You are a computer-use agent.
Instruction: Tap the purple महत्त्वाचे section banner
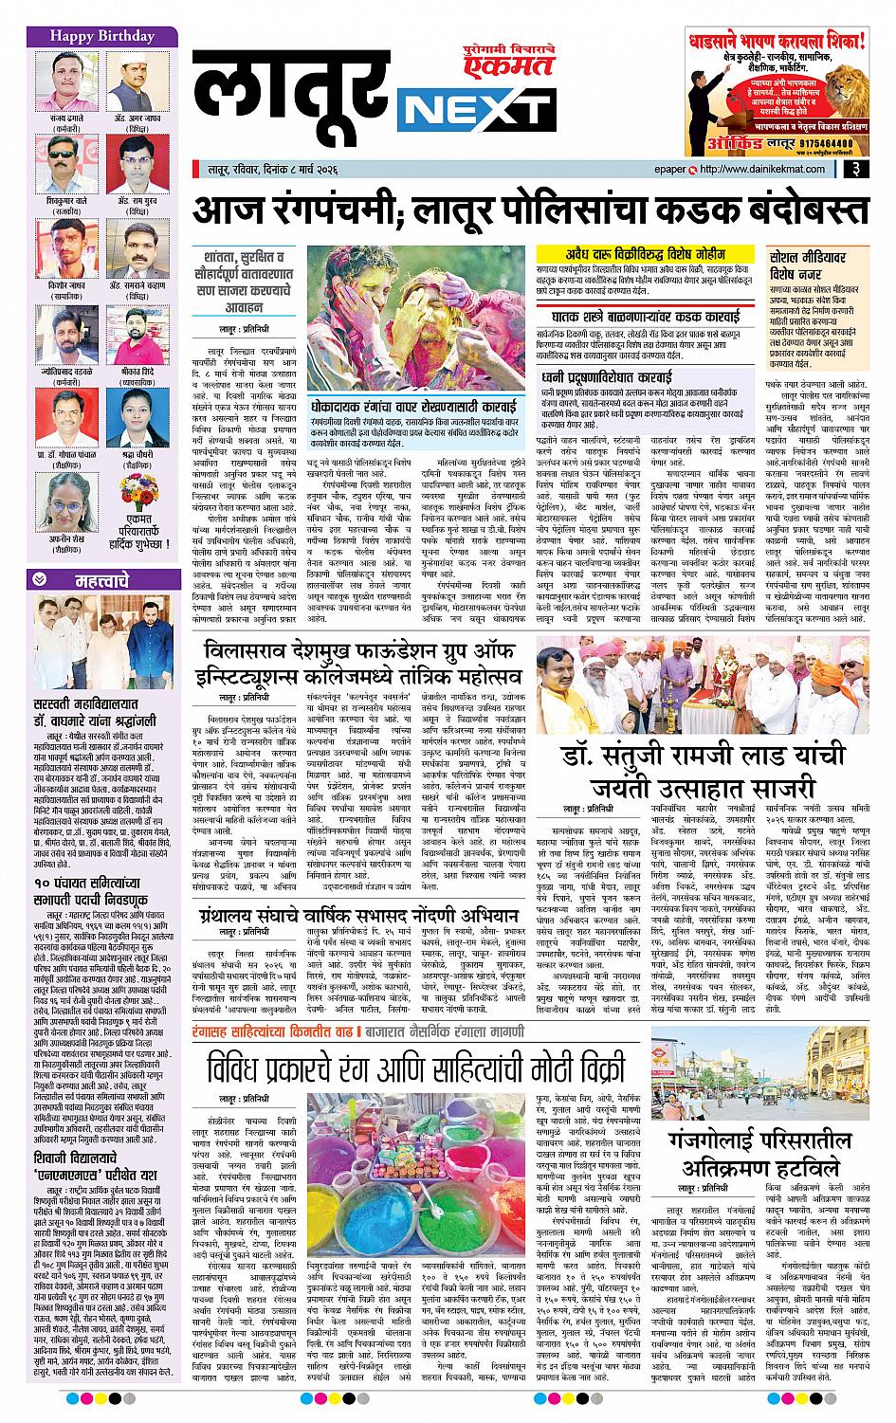click(90, 581)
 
